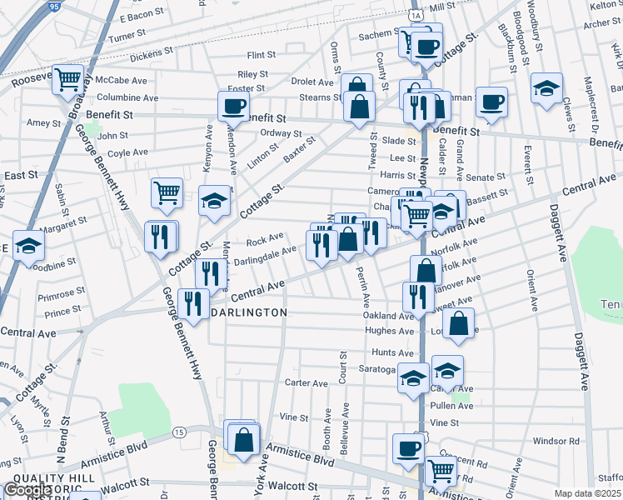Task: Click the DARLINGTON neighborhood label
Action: pyautogui.click(x=247, y=312)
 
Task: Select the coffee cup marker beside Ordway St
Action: pyautogui.click(x=233, y=106)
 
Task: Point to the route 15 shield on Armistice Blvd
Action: pyautogui.click(x=178, y=432)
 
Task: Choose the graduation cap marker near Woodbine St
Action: pyautogui.click(x=28, y=247)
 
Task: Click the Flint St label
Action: pyautogui.click(x=261, y=55)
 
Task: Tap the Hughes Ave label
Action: pyautogui.click(x=389, y=331)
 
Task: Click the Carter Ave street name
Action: pyautogui.click(x=307, y=383)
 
